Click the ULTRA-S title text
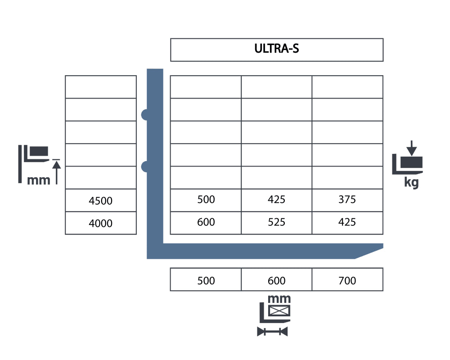277,49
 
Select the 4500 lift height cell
100,201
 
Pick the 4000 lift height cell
100,223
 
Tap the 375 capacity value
347,199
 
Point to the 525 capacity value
276,222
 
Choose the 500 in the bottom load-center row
206,280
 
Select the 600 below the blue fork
277,280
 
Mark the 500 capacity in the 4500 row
206,199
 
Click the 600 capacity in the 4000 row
206,222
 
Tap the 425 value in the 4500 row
276,199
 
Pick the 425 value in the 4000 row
347,222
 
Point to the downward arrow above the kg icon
412,148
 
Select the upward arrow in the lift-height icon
57,172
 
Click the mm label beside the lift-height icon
38,180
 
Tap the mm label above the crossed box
279,299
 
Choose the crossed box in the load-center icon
279,310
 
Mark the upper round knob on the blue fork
144,115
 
